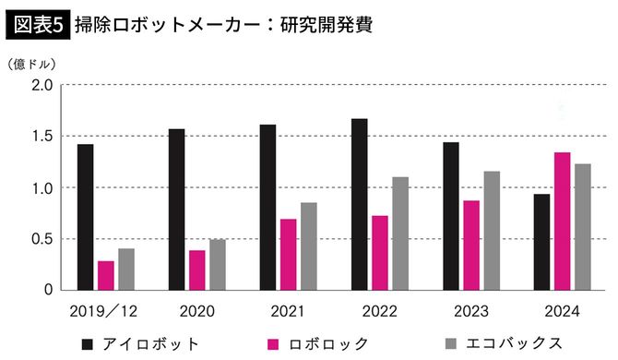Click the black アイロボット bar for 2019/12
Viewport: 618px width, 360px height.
85,217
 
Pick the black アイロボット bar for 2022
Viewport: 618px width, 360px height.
359,204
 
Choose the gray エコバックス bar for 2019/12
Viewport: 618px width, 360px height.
125,269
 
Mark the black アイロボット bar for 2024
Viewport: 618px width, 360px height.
541,242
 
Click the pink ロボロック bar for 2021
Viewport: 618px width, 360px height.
288,254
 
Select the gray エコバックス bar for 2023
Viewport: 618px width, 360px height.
491,231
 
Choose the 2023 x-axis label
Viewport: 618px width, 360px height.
470,311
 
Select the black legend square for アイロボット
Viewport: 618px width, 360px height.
88,344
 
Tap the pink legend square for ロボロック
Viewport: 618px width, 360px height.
273,344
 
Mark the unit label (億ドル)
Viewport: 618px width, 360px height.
31,64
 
